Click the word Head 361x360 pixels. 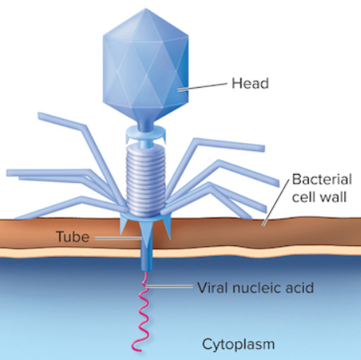coord(250,83)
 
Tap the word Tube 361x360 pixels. coord(73,237)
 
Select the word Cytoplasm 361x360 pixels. coord(238,345)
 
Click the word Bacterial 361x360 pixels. coord(322,180)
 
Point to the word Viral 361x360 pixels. coord(213,287)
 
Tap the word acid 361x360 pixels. coord(296,287)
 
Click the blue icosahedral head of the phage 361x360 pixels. coord(146,66)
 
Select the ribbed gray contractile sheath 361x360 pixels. coord(146,180)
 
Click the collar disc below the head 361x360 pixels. coord(146,133)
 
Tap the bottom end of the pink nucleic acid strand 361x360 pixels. coord(139,351)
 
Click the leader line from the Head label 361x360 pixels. coord(202,86)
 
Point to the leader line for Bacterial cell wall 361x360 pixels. coord(275,203)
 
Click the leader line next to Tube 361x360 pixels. coord(119,239)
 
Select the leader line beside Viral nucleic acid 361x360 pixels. coord(169,286)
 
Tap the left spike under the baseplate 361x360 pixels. coord(123,226)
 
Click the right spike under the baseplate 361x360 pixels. coord(167,228)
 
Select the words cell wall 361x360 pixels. coord(319,197)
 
